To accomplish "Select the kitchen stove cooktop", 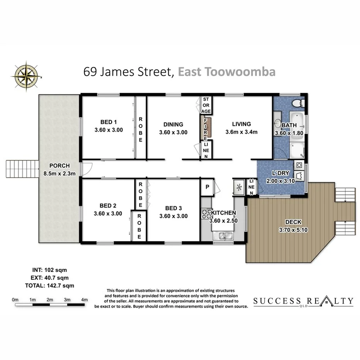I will (x=205, y=214).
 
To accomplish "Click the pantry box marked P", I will (x=207, y=187).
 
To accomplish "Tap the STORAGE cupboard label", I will (x=206, y=105).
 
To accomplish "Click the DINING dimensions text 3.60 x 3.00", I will (x=173, y=132).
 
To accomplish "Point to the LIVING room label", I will (x=241, y=124).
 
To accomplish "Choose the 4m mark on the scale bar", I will (x=85, y=300).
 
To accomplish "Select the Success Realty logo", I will (x=303, y=301).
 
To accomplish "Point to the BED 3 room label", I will (x=173, y=208).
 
